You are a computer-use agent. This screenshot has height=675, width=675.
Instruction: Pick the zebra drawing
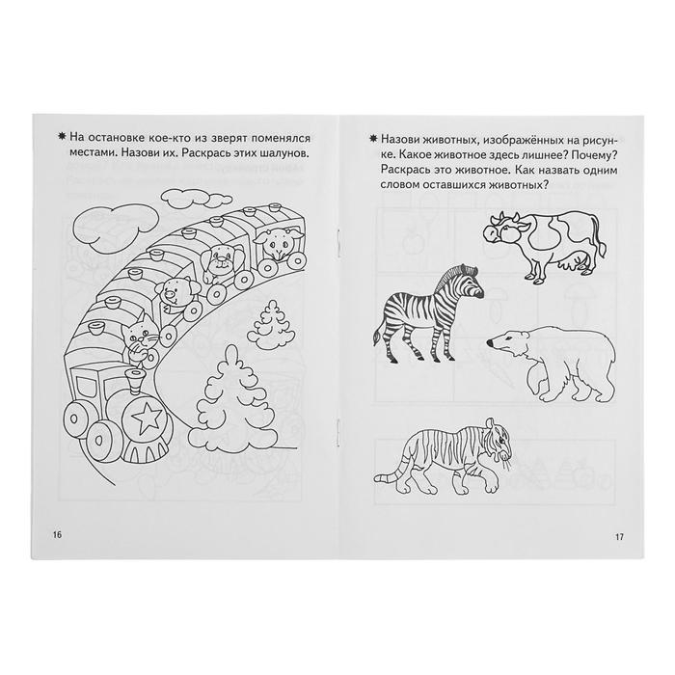click(428, 315)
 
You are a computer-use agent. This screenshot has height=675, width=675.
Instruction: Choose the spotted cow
click(545, 245)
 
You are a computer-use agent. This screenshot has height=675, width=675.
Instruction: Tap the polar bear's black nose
click(490, 342)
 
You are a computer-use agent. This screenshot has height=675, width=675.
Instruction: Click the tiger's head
click(499, 439)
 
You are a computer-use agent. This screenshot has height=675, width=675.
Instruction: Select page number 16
click(57, 534)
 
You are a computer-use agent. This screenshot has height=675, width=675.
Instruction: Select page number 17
click(619, 537)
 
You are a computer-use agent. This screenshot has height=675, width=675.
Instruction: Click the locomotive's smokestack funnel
click(135, 381)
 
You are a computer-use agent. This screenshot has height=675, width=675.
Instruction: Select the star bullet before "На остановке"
click(62, 137)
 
